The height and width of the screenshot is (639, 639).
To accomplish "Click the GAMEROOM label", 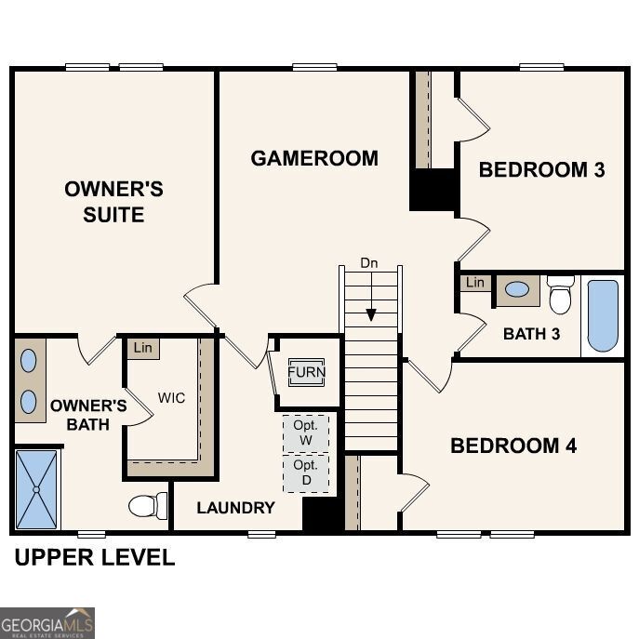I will click(x=314, y=158).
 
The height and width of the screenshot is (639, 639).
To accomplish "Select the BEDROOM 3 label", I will click(x=541, y=169).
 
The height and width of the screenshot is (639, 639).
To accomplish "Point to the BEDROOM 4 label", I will click(x=513, y=446).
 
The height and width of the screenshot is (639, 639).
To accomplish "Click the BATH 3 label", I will click(x=531, y=334).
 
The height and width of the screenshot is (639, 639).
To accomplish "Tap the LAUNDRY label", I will click(x=235, y=508).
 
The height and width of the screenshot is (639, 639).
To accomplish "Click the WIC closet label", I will click(x=171, y=398).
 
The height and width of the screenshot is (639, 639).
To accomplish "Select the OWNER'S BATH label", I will click(x=88, y=415).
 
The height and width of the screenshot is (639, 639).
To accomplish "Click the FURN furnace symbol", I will click(x=306, y=373).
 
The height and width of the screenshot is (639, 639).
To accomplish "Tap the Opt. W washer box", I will click(x=305, y=433).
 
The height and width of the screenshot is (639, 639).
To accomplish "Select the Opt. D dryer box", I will click(x=305, y=473).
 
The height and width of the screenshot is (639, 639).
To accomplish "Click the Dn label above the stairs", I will click(x=369, y=263).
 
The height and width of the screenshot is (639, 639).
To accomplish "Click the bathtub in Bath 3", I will click(x=603, y=316).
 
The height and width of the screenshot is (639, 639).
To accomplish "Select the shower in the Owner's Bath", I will click(x=37, y=489).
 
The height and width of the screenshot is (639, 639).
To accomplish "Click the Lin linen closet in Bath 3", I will click(x=475, y=283).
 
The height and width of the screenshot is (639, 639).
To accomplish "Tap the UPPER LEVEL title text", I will click(x=93, y=558).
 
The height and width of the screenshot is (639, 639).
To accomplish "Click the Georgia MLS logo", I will click(x=47, y=622).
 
